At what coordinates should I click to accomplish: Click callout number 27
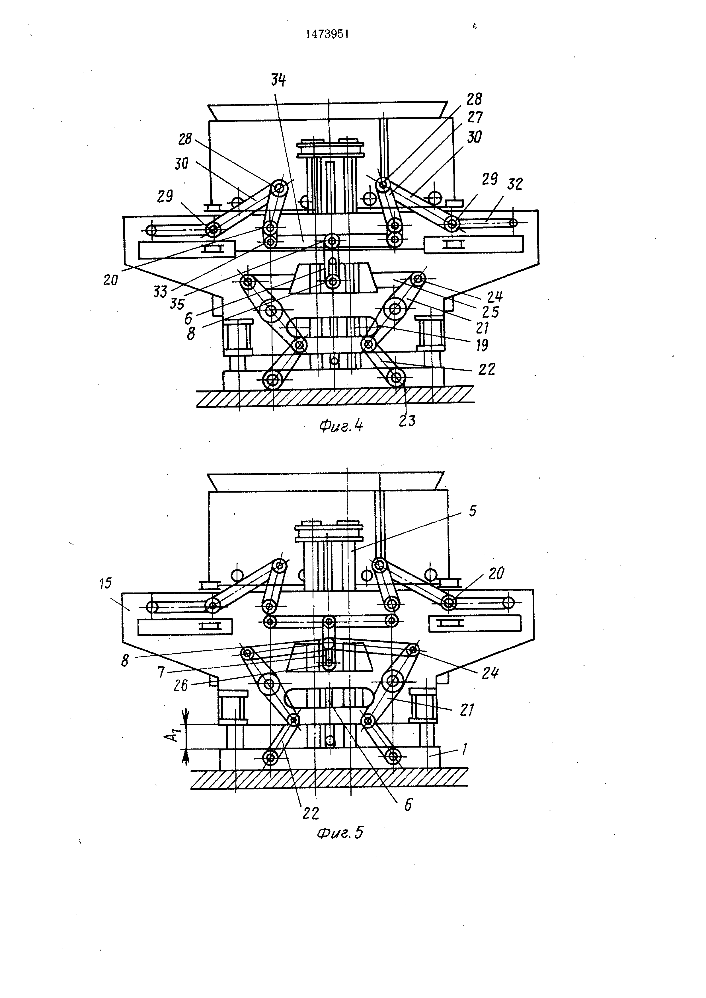[x=475, y=117]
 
